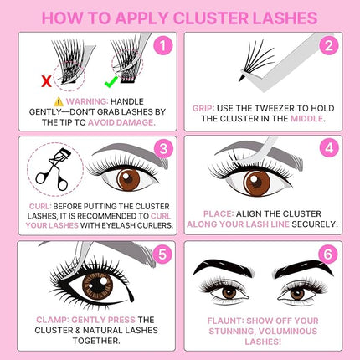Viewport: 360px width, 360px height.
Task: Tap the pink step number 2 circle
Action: (x=331, y=47)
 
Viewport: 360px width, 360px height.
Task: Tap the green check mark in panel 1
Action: (x=108, y=81)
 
